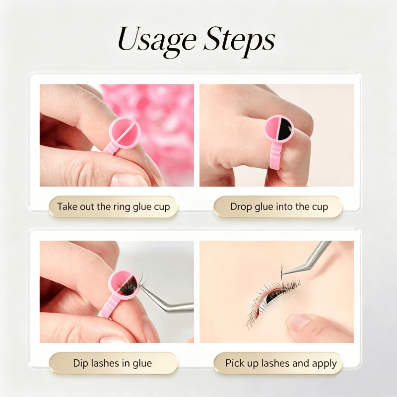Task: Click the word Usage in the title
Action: coord(157,41)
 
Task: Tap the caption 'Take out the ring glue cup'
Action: coord(113,206)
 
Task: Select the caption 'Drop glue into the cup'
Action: coord(279,206)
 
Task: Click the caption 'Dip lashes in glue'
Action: coord(113,363)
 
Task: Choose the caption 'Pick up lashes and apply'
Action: coord(281,363)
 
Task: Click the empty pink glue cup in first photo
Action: coord(125,132)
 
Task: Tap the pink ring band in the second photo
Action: coord(276,155)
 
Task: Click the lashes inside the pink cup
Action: coord(128,286)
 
